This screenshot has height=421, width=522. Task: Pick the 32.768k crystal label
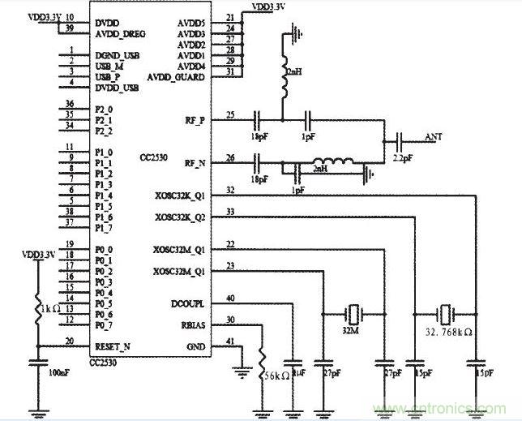tap(444, 332)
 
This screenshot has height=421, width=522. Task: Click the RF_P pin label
tap(196, 118)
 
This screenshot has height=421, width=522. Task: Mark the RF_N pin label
tap(196, 162)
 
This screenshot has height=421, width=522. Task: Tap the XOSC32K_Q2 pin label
tap(180, 217)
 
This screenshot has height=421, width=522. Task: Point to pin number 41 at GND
tap(231, 341)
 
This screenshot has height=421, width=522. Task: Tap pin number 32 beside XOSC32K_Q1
tap(231, 191)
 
